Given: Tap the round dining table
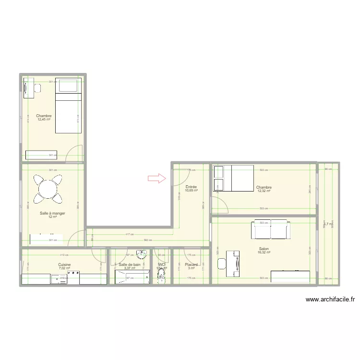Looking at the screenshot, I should [x=48, y=188].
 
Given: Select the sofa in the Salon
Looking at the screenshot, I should [x=272, y=229].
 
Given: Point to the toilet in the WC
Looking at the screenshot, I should [x=162, y=275].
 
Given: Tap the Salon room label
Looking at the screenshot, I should [x=263, y=249].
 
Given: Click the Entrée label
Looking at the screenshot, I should [x=191, y=187].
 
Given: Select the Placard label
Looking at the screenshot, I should [x=191, y=264].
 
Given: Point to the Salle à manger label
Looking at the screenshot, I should [x=52, y=213].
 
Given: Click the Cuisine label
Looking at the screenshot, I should [x=64, y=264].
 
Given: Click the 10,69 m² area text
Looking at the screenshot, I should [x=191, y=191].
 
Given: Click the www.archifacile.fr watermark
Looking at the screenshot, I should [x=330, y=300].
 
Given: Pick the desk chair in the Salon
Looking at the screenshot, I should [x=222, y=264].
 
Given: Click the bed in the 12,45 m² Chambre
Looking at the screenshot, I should [x=69, y=105].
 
